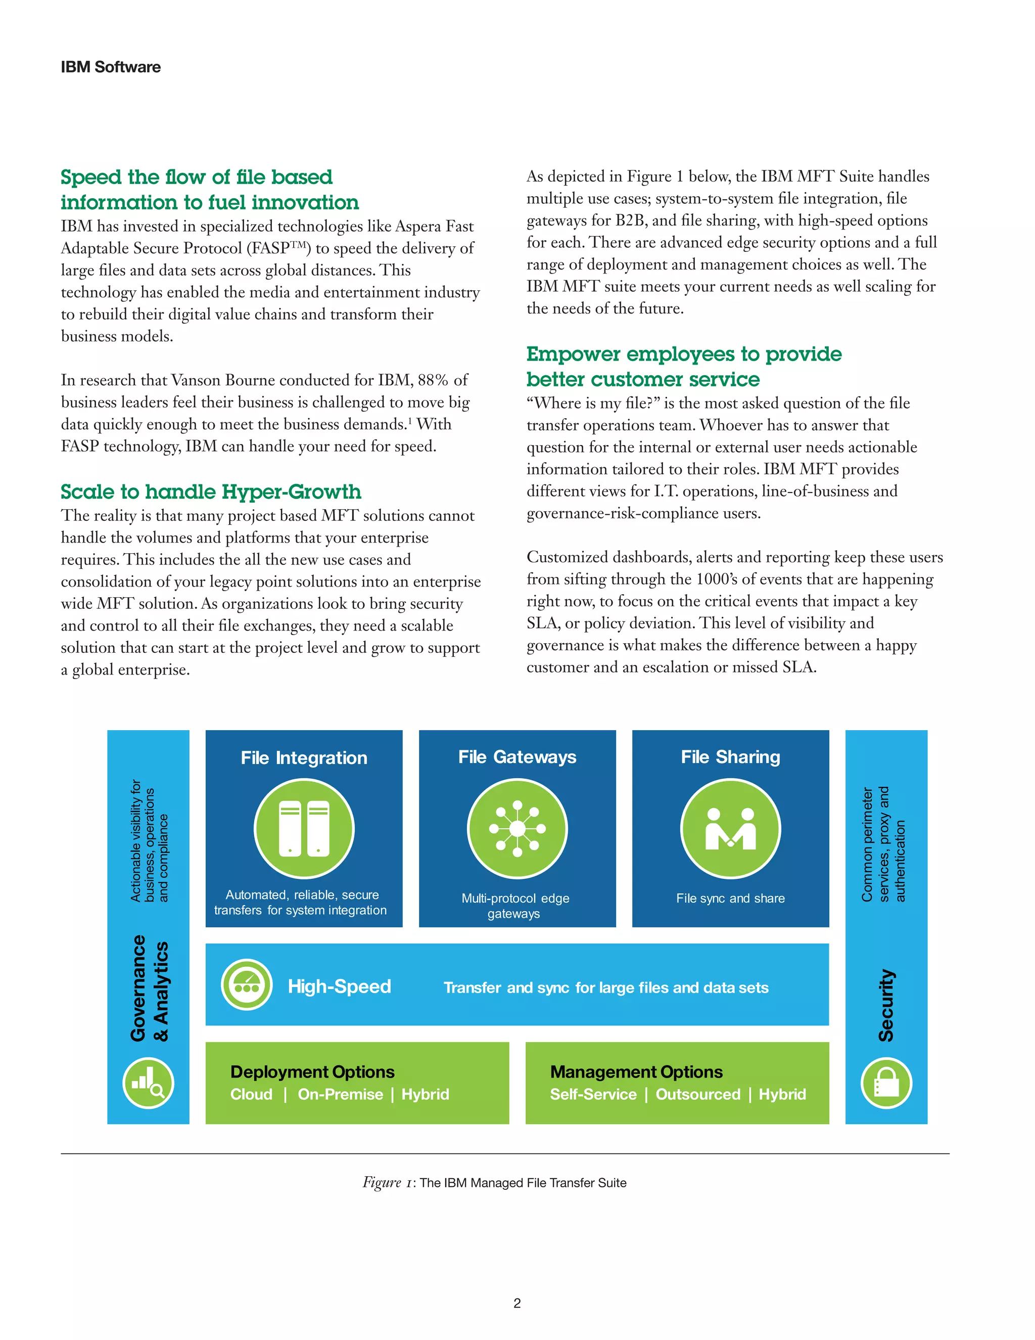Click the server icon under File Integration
[304, 828]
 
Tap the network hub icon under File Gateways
[517, 828]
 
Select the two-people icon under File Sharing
[730, 828]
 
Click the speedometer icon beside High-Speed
[247, 985]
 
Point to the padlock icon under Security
[886, 1084]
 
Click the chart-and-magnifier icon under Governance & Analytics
[149, 1084]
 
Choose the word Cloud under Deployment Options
[251, 1095]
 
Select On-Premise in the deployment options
[340, 1095]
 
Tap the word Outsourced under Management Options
[698, 1095]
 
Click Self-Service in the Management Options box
[593, 1095]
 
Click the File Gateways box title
[517, 757]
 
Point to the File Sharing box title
[730, 757]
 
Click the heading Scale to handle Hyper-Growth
[210, 492]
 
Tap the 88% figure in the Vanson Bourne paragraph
[434, 380]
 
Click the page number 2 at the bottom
[517, 1303]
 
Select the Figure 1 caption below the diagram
[494, 1183]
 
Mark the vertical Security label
[886, 1006]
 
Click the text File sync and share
[730, 898]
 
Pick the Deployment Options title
[312, 1072]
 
